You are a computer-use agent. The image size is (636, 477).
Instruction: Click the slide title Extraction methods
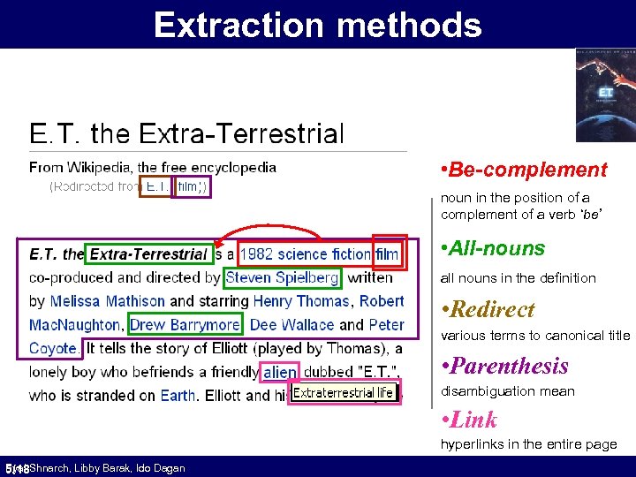click(318, 25)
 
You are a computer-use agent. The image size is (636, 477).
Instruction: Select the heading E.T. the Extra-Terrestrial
click(186, 134)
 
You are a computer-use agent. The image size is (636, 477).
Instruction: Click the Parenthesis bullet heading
click(510, 366)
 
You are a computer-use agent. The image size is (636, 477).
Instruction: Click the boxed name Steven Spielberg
click(282, 277)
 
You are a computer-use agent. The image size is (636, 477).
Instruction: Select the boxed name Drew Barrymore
click(185, 324)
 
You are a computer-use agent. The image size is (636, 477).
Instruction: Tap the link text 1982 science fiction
click(305, 254)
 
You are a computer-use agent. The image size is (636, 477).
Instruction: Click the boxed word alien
click(280, 373)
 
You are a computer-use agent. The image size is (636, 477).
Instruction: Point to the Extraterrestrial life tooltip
click(343, 393)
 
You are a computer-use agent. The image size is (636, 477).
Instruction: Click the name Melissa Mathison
click(107, 301)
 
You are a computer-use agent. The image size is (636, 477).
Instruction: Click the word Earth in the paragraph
click(178, 396)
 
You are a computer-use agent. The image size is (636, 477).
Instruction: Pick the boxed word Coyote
click(53, 348)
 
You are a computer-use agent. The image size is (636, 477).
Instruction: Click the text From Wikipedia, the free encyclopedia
click(153, 167)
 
